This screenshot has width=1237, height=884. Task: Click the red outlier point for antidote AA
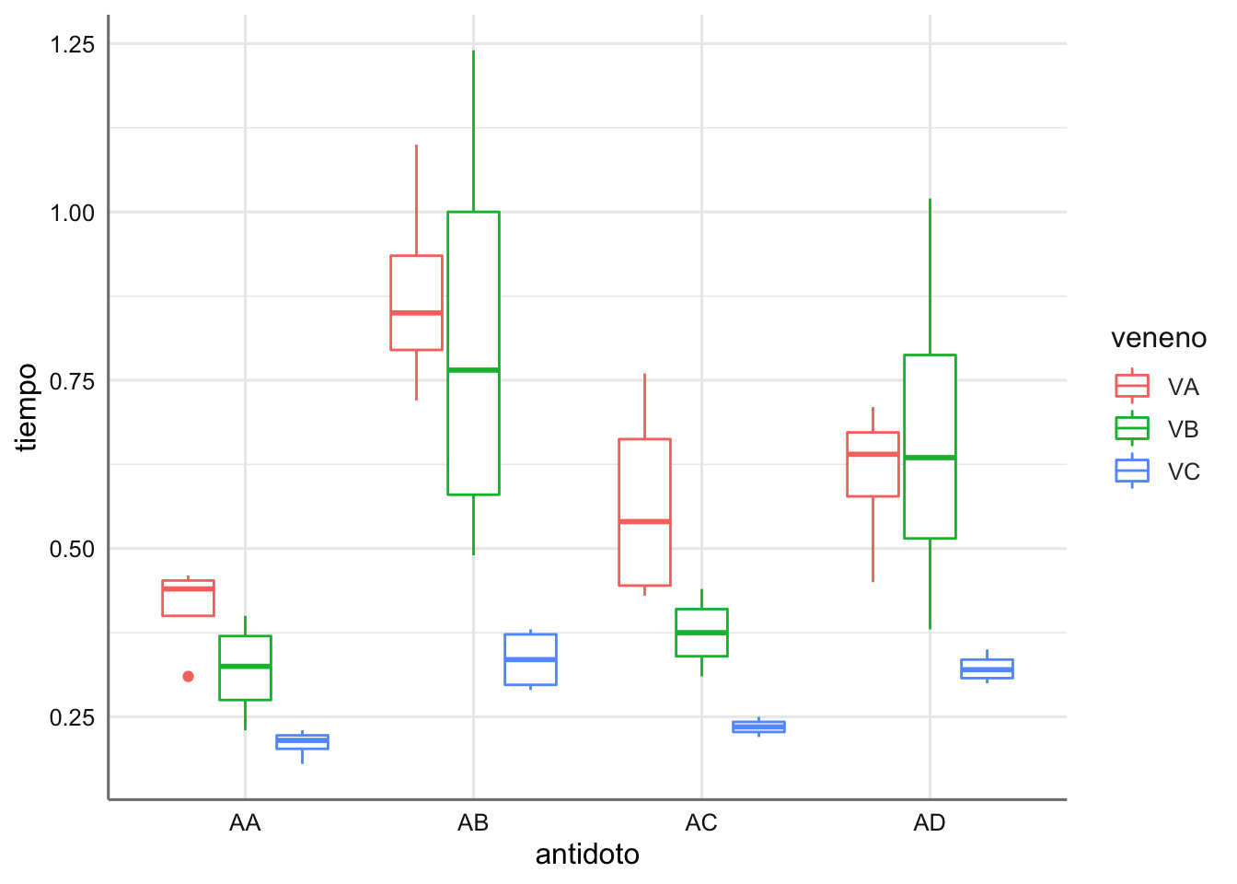click(189, 677)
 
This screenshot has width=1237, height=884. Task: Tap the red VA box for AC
click(644, 512)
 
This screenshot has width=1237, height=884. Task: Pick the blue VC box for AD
click(987, 669)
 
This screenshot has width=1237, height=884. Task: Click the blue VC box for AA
click(302, 742)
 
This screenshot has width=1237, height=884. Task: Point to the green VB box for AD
click(930, 446)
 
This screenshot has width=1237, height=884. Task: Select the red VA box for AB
click(416, 303)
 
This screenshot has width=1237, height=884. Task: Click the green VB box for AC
click(701, 633)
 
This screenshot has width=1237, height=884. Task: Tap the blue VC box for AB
click(530, 659)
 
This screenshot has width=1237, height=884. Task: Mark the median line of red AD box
click(873, 454)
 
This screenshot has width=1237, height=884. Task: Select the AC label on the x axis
click(701, 823)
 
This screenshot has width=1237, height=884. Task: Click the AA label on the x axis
click(245, 823)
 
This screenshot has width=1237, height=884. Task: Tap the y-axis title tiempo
click(28, 407)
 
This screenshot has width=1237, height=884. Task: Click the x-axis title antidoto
click(587, 855)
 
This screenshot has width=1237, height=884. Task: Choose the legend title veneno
click(1158, 338)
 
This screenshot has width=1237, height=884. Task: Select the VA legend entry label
click(1183, 387)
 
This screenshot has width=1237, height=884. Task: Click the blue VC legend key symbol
click(1132, 471)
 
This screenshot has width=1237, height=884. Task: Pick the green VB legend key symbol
click(1132, 428)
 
